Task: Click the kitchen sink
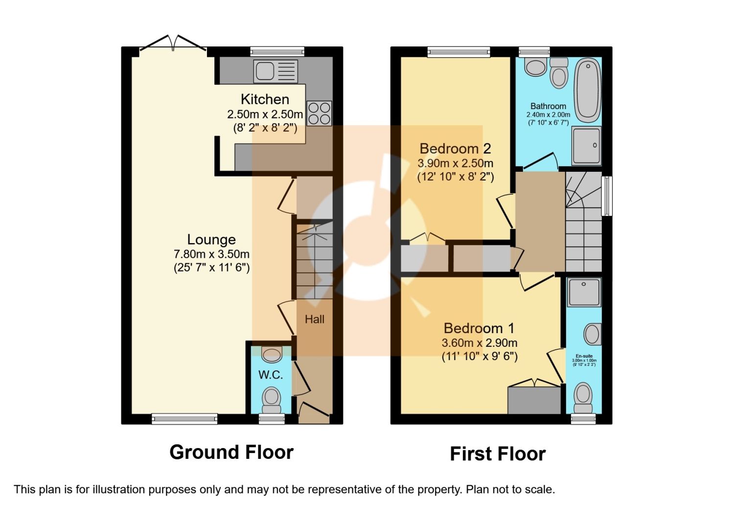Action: point(275,71)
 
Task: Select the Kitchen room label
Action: point(265,99)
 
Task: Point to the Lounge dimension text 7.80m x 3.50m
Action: point(211,254)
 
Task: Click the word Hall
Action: point(315,319)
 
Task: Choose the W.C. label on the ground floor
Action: point(271,375)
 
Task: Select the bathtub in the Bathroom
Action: point(587,91)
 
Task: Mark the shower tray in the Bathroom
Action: point(586,145)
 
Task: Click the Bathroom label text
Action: point(548,106)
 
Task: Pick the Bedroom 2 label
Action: point(455,148)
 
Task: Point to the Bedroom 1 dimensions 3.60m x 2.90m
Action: point(480,343)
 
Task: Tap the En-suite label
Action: point(584,356)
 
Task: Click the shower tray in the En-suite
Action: point(584,293)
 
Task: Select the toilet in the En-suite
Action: point(583,396)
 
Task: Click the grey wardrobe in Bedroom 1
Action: point(534,400)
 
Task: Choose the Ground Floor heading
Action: point(231,452)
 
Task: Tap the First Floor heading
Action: point(498,454)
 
